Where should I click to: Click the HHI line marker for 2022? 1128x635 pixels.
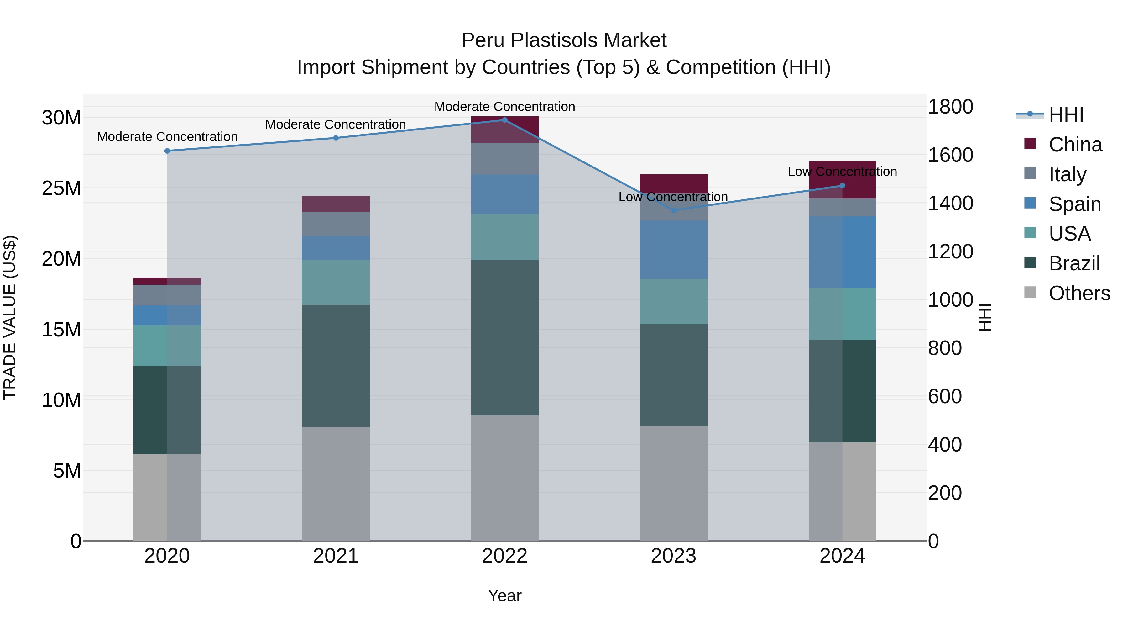[x=504, y=120]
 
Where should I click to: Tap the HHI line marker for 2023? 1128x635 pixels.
[x=673, y=210]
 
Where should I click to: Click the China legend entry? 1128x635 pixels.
[x=1075, y=145]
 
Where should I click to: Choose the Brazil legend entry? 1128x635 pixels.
[x=1074, y=263]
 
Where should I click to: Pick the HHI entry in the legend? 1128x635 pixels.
[x=1066, y=115]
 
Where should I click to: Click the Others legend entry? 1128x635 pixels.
[x=1079, y=293]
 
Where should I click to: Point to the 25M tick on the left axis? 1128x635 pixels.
[x=61, y=188]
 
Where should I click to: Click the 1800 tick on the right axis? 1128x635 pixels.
[x=950, y=107]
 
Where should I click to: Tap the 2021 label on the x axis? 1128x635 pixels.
[x=336, y=556]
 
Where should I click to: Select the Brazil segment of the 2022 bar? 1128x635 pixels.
[x=504, y=337]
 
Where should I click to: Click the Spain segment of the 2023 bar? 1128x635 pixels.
[x=673, y=250]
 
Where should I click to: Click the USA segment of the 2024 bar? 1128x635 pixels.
[x=842, y=314]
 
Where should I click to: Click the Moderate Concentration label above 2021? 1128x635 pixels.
[x=336, y=124]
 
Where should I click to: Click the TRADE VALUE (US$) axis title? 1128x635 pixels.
[x=10, y=317]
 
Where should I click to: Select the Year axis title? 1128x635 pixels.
[x=504, y=595]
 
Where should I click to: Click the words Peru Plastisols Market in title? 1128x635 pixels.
[x=564, y=40]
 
